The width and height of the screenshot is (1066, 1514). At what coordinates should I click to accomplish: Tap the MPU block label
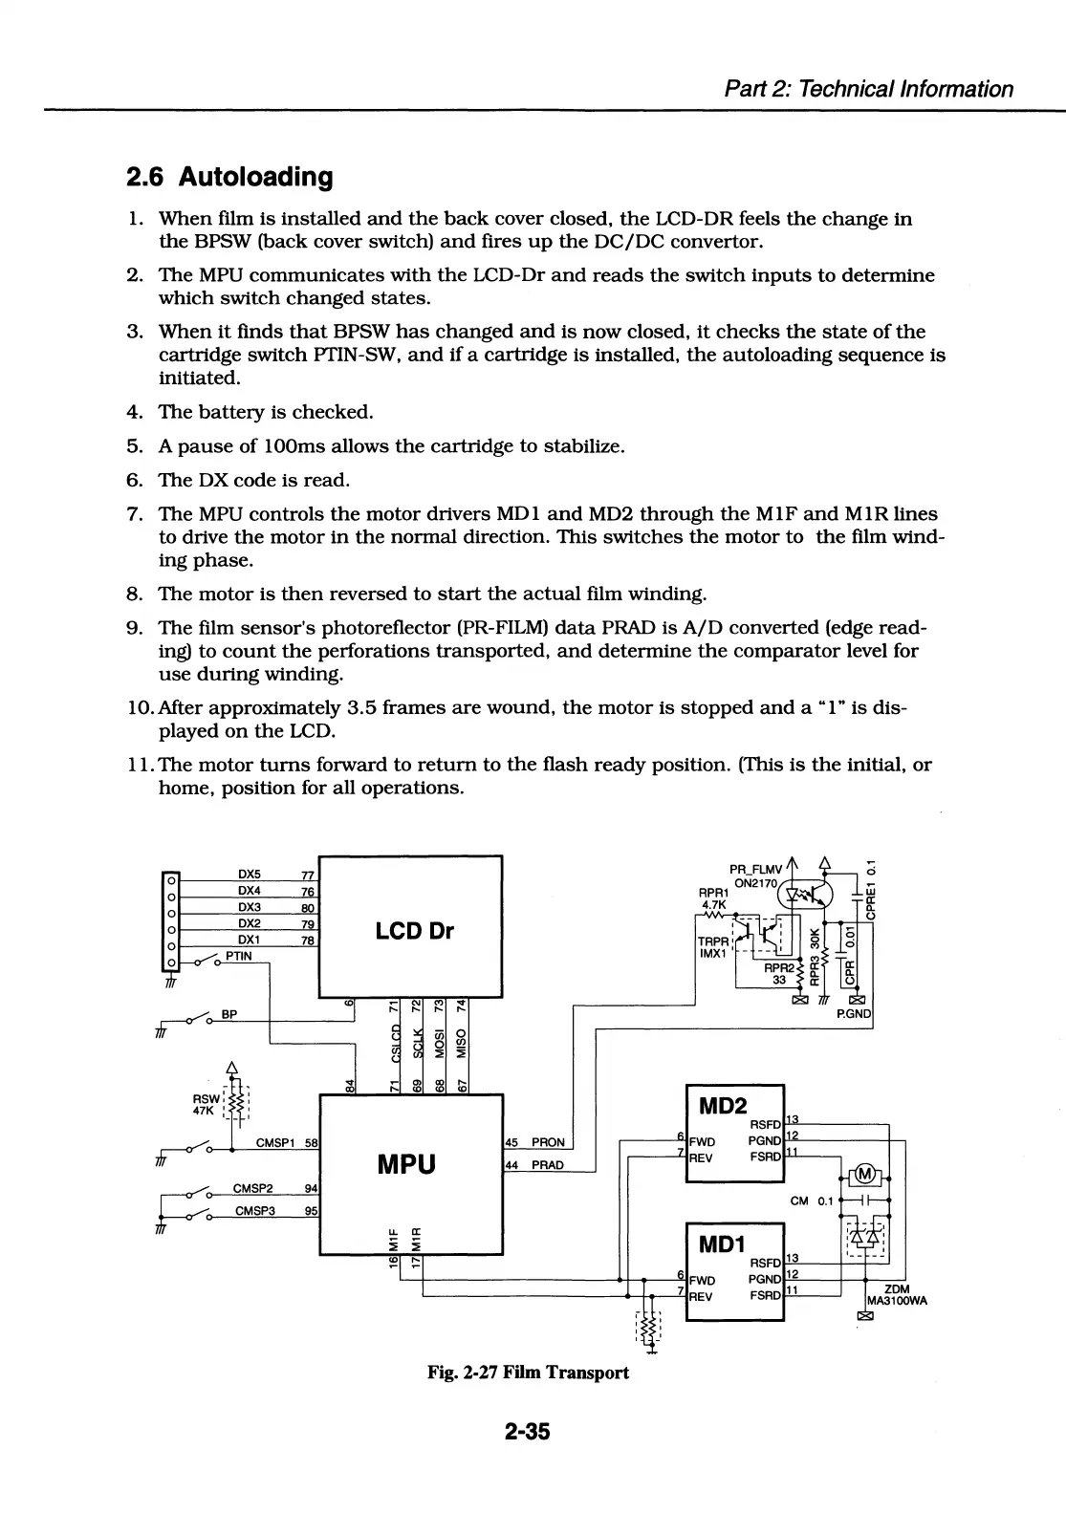point(406,1164)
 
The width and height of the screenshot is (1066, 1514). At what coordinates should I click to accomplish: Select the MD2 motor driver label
point(723,1106)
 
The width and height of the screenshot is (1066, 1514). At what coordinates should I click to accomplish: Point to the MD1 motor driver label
point(722,1244)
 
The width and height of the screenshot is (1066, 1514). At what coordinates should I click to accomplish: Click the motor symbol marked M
point(865,1175)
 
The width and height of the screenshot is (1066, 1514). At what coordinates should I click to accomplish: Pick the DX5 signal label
point(250,874)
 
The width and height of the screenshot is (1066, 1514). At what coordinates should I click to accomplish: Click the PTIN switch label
point(239,955)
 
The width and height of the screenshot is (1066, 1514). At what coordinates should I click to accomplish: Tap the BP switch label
point(228,1014)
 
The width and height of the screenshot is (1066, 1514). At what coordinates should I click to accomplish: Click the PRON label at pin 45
point(548,1142)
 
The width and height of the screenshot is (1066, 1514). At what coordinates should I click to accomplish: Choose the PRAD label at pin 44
point(548,1165)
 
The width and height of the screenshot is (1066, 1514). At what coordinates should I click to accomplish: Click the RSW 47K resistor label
point(204,1104)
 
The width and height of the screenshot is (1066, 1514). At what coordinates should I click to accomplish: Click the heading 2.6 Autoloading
point(229,177)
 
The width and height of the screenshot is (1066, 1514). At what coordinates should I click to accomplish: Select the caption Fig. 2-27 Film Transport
point(528,1373)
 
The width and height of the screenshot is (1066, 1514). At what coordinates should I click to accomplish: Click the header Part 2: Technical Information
point(868,89)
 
